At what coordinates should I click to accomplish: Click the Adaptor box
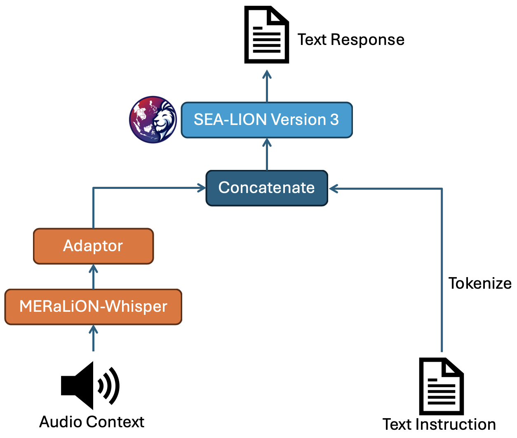[93, 246]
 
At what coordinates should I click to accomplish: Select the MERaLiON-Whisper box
[93, 307]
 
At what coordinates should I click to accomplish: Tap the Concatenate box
[266, 188]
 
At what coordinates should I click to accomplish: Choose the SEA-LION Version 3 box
[267, 120]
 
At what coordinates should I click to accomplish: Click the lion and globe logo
[153, 120]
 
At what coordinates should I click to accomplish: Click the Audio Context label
[92, 422]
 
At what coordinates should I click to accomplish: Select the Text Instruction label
[439, 424]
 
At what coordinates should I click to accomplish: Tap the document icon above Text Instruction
[441, 386]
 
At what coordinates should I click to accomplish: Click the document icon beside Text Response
[266, 35]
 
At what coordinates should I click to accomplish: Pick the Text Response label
[351, 40]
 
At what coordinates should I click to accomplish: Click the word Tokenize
[480, 284]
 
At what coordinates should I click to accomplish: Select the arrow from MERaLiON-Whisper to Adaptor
[94, 277]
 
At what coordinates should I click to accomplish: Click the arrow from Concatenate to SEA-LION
[267, 154]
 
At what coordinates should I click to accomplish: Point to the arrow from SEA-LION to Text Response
[267, 86]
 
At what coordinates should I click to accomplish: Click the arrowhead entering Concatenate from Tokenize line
[333, 189]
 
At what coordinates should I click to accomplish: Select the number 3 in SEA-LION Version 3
[334, 120]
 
